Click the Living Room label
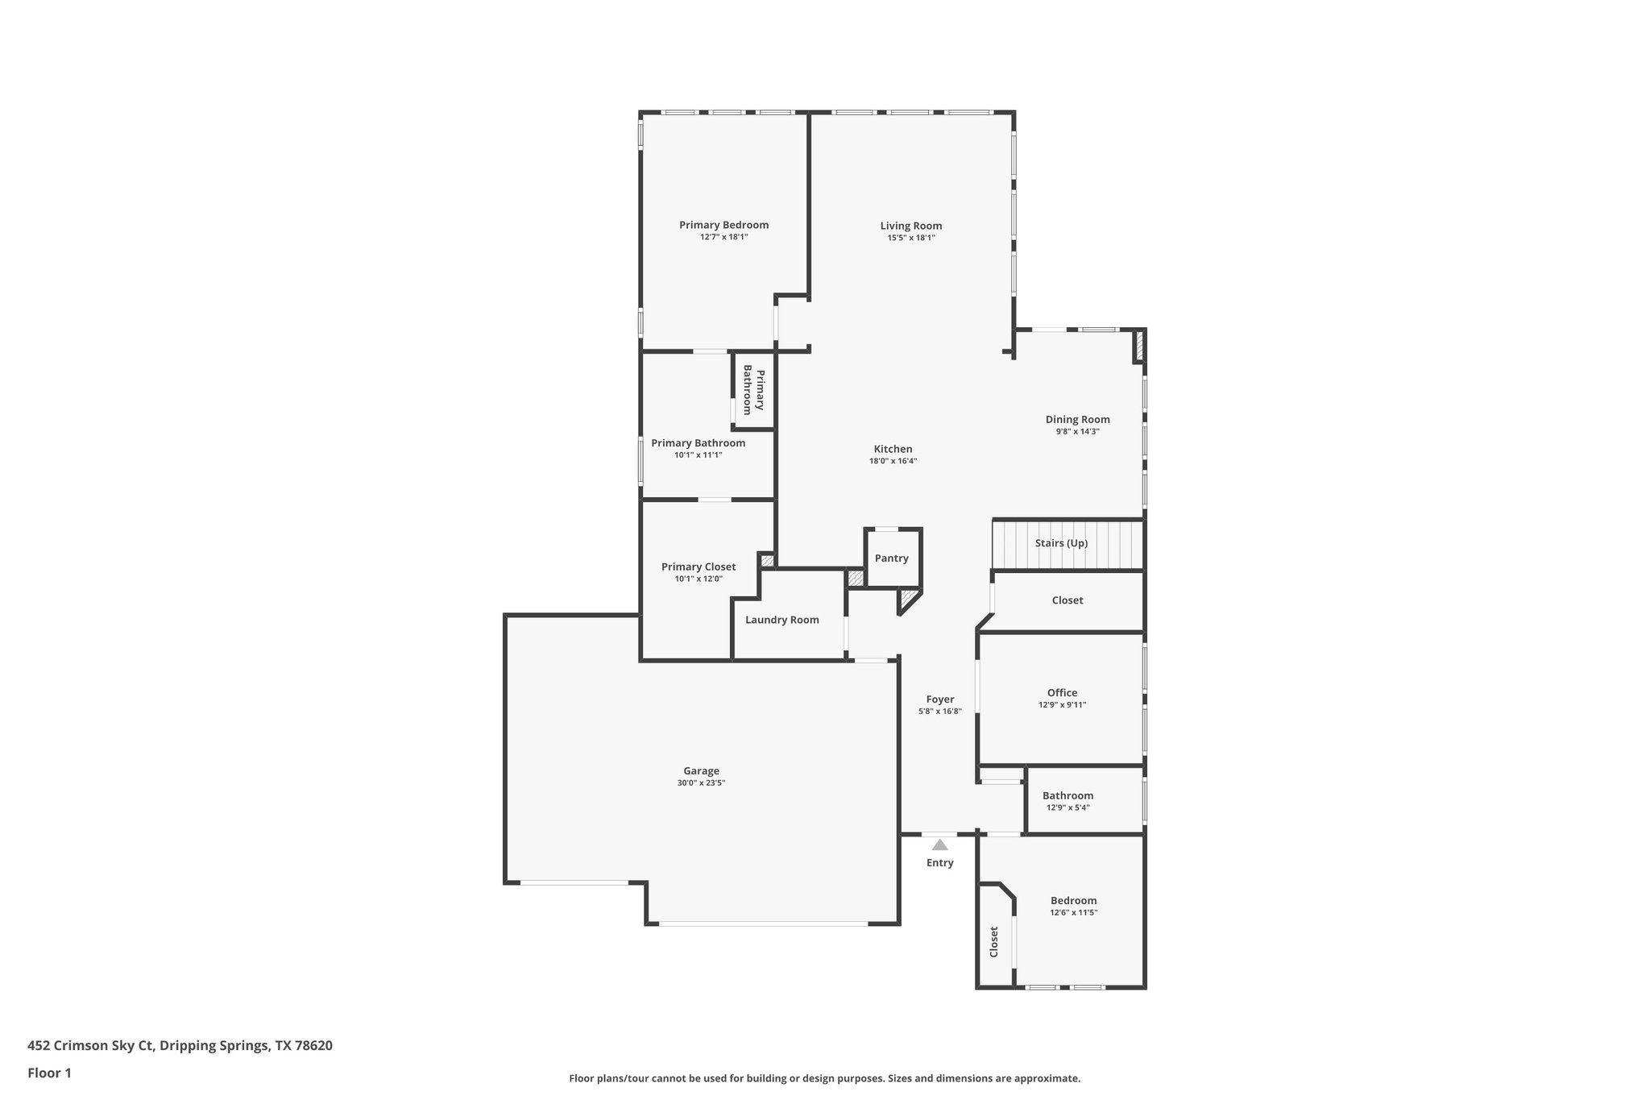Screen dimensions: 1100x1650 pyautogui.click(x=910, y=226)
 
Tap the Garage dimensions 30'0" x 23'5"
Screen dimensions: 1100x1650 pyautogui.click(x=701, y=782)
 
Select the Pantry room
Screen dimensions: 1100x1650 pyautogui.click(x=892, y=558)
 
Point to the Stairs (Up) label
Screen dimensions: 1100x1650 pyautogui.click(x=1061, y=543)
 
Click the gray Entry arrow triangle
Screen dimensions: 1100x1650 pyautogui.click(x=939, y=845)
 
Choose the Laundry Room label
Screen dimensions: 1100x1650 pyautogui.click(x=781, y=620)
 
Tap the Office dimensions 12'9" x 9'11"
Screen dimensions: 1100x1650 pyautogui.click(x=1062, y=704)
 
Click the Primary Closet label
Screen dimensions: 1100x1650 pyautogui.click(x=698, y=567)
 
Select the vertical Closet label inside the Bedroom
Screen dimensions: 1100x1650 pyautogui.click(x=993, y=941)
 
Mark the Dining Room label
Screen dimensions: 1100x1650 pyautogui.click(x=1077, y=419)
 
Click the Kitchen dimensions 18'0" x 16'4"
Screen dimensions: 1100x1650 pyautogui.click(x=893, y=461)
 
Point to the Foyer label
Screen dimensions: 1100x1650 pyautogui.click(x=939, y=699)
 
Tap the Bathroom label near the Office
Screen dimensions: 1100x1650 pyautogui.click(x=1068, y=795)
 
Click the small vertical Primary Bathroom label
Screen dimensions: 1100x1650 pyautogui.click(x=753, y=390)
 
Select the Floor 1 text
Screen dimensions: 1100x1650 pyautogui.click(x=49, y=1073)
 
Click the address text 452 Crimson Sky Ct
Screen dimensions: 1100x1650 pyautogui.click(x=90, y=1045)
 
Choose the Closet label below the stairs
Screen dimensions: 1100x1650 pyautogui.click(x=1067, y=600)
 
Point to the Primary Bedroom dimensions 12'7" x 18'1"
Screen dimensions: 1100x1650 pyautogui.click(x=723, y=237)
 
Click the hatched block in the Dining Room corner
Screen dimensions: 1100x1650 pyautogui.click(x=1138, y=346)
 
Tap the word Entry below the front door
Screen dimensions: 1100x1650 pyautogui.click(x=939, y=862)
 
